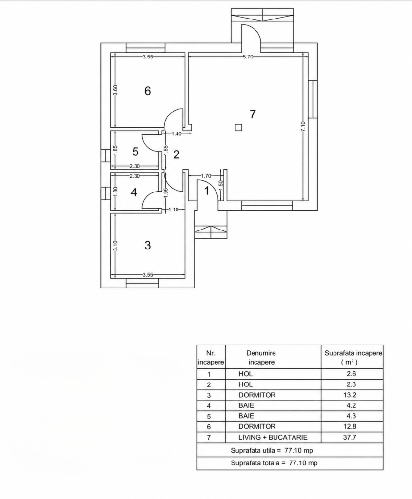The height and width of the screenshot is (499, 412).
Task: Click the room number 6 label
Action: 147,91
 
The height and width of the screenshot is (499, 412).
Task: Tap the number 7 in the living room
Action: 253,114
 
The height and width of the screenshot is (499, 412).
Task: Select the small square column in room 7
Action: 238,127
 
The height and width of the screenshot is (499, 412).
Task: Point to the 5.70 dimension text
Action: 248,57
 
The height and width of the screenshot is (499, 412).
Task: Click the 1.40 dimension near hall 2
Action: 177,134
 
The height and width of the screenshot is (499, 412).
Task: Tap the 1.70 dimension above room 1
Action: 206,175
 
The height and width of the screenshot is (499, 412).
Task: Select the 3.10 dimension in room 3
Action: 115,246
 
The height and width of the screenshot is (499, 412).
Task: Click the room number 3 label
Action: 147,246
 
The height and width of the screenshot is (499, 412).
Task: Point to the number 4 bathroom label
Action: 134,192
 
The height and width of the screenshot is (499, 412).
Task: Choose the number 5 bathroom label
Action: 136,152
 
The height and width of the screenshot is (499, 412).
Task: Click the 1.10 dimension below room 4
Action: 173,210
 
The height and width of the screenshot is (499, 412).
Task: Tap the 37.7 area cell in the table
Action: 350,437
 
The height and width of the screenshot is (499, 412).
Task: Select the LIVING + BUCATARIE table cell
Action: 273,437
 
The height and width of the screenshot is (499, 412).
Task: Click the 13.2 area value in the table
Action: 350,395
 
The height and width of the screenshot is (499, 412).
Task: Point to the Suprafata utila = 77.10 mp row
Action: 272,451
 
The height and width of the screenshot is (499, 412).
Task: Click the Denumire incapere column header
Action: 261,357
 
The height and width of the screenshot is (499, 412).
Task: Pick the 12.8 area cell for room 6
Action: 350,426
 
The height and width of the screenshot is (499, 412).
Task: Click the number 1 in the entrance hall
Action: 207,191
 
